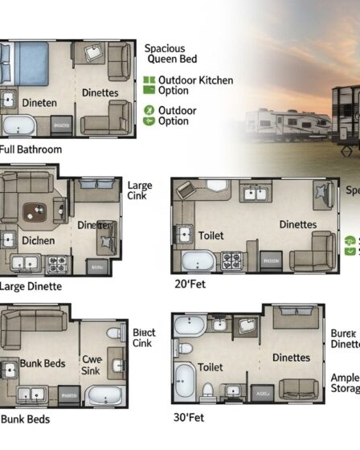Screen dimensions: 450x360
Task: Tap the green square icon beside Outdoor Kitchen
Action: [x=148, y=81]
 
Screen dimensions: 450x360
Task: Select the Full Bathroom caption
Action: [x=31, y=149]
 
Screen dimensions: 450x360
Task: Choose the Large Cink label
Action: [x=139, y=191]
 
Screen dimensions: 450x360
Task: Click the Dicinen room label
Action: [x=38, y=239]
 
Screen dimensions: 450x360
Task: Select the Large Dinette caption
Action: [x=31, y=286]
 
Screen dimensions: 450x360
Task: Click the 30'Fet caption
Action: [x=188, y=417]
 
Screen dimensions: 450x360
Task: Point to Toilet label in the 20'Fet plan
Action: [x=211, y=236]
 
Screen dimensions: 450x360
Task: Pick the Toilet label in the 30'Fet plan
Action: [x=211, y=367]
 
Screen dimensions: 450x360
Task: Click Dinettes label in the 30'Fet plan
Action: [x=291, y=358]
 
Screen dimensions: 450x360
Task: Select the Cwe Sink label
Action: [x=91, y=366]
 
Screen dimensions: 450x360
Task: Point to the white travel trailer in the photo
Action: [x=286, y=125]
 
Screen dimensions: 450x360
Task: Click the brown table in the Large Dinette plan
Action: [x=35, y=212]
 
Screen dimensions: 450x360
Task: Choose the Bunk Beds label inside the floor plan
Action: [x=43, y=364]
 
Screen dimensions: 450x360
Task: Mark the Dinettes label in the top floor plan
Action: [x=100, y=93]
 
